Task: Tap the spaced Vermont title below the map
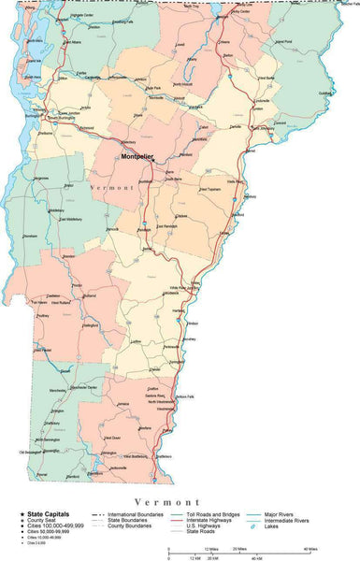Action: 168,502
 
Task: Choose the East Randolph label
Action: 167,226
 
